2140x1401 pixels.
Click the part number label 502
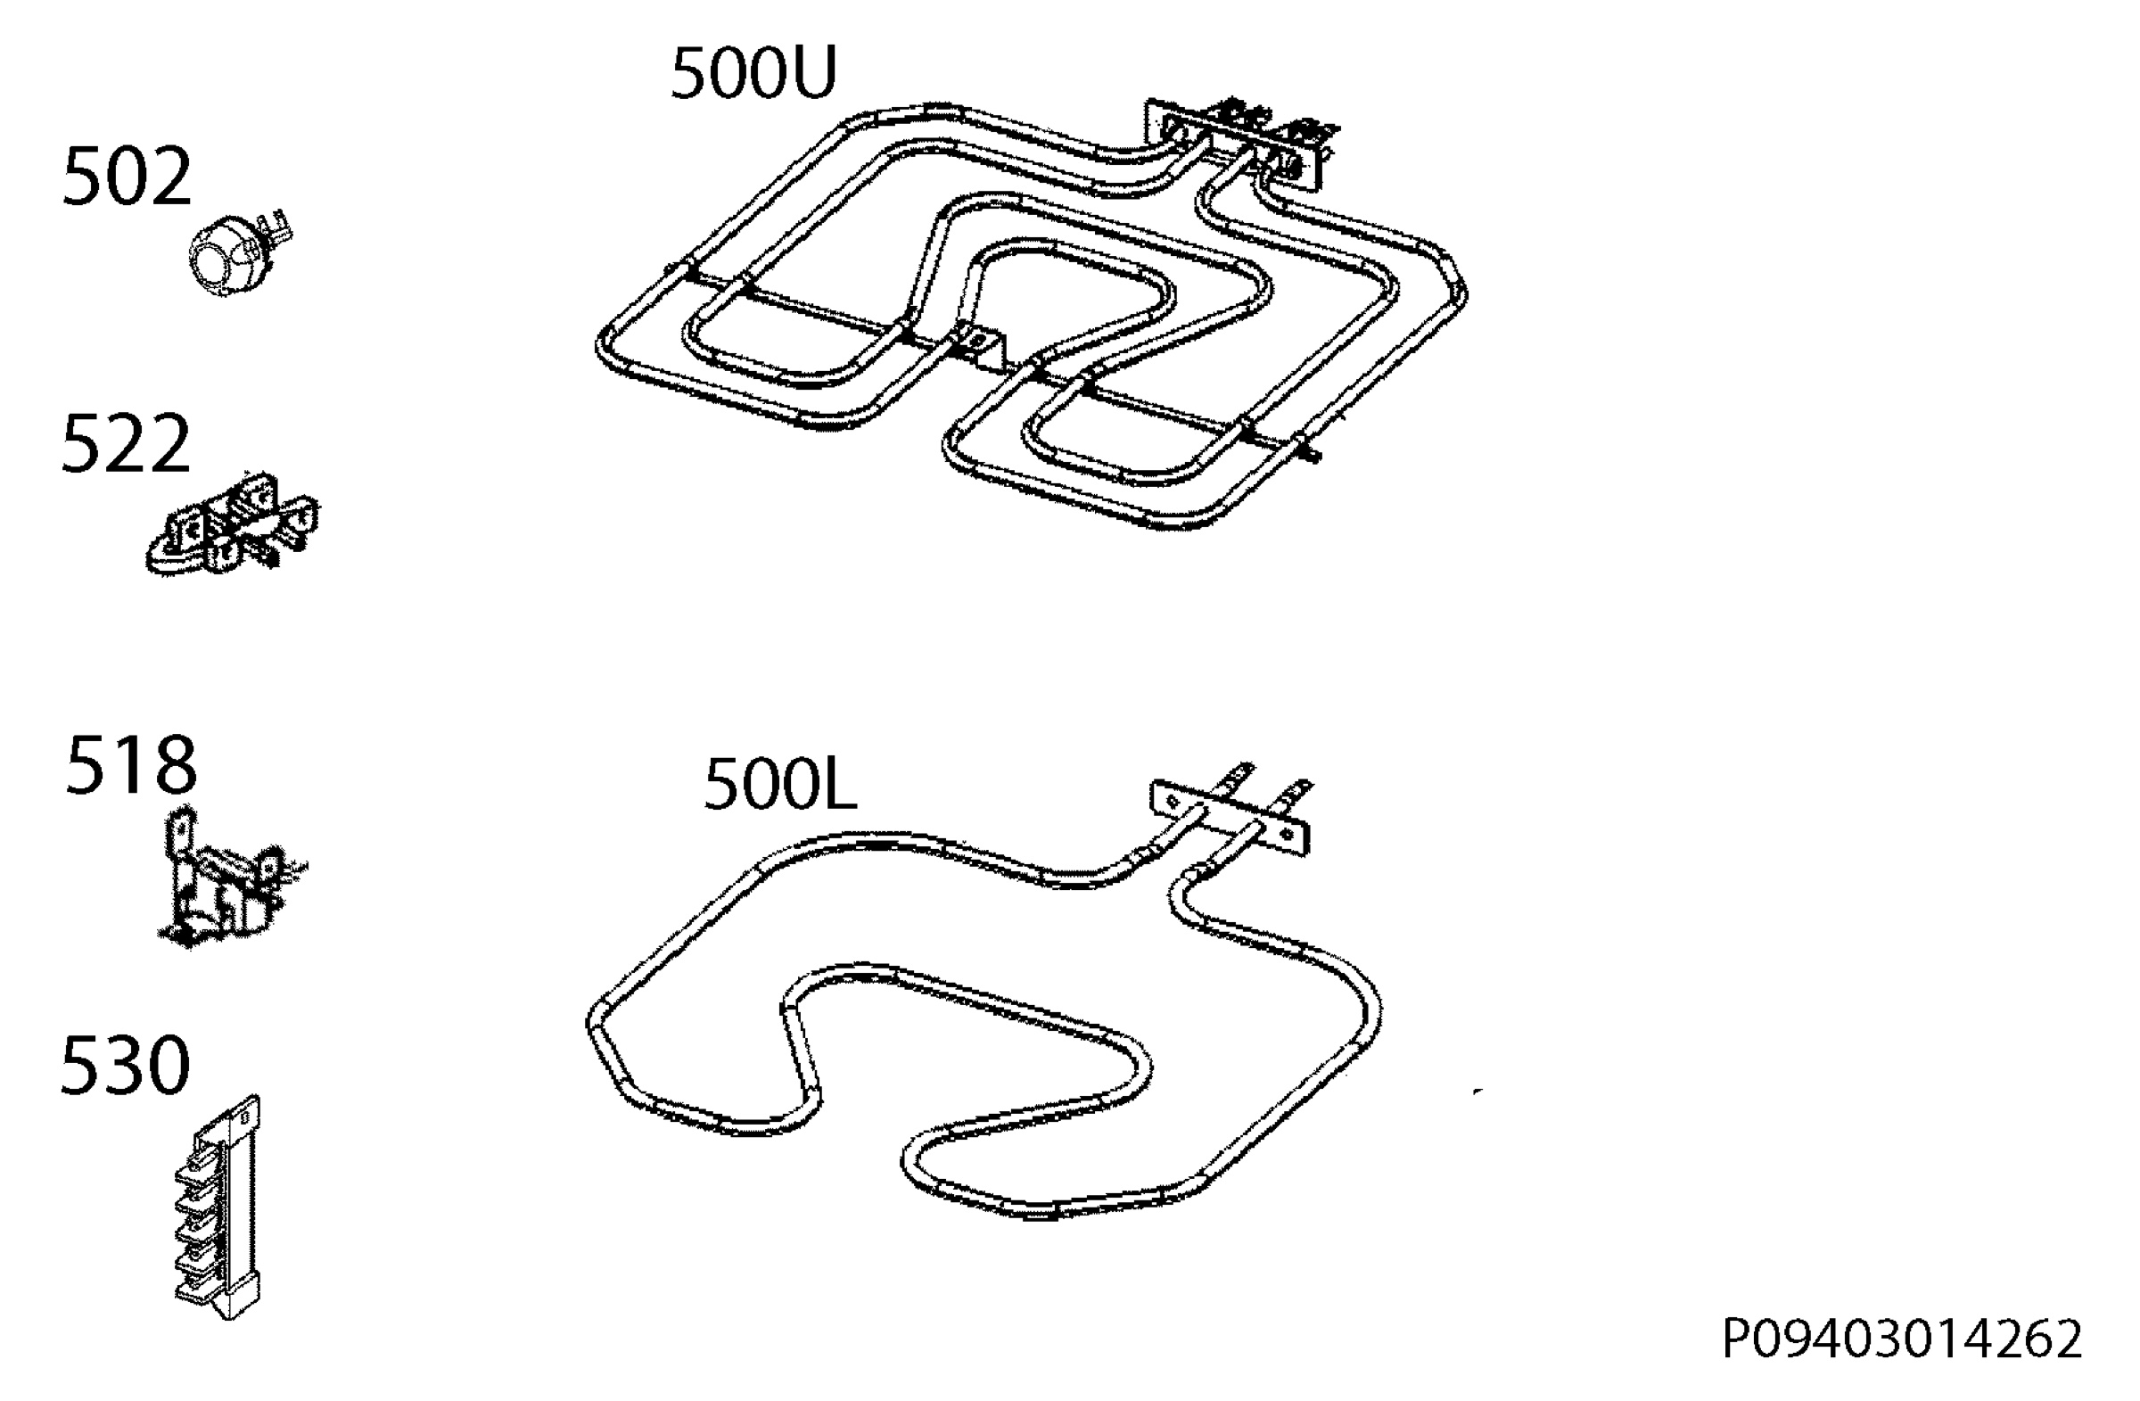tap(127, 177)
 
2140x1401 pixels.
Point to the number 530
tap(125, 1066)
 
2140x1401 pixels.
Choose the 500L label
tap(779, 784)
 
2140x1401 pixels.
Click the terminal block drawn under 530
tap(218, 1207)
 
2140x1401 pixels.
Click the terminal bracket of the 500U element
tap(1239, 144)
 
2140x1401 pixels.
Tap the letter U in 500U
tap(811, 73)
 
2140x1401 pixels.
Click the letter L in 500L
tap(838, 784)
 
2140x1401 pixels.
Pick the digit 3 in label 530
tap(125, 1066)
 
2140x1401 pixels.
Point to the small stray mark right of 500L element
tap(1478, 1091)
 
